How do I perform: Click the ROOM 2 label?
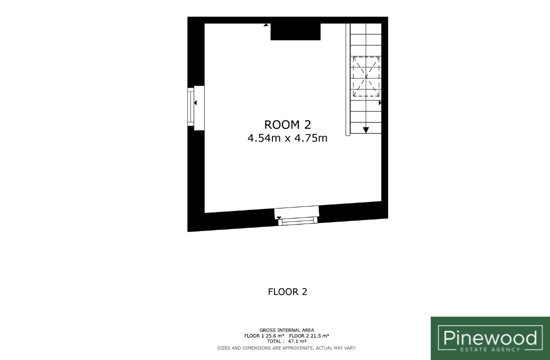point(287,125)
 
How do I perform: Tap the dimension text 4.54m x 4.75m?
point(287,138)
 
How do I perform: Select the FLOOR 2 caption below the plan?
point(287,292)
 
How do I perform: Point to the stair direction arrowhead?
point(366,130)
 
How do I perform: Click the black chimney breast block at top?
point(295,32)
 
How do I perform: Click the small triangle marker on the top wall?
point(266,25)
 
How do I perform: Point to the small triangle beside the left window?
point(195,103)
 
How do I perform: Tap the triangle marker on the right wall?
point(380,103)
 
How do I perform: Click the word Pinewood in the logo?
point(490,338)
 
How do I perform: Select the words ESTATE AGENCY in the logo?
point(490,349)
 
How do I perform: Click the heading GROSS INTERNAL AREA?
point(286,330)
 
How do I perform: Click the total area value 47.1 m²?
point(297,341)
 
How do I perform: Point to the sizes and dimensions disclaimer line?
point(286,348)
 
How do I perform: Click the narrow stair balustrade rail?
point(348,79)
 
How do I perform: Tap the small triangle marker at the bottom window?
point(279,218)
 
